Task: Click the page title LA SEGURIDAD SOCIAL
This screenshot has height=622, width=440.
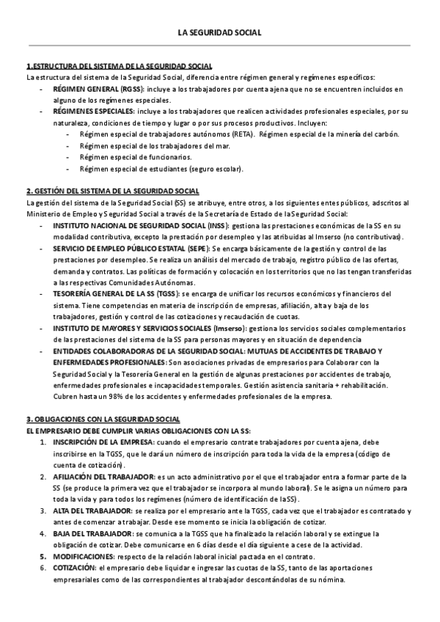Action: [219, 33]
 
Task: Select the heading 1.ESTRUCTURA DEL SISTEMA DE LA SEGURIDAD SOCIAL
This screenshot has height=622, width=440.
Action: [119, 66]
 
